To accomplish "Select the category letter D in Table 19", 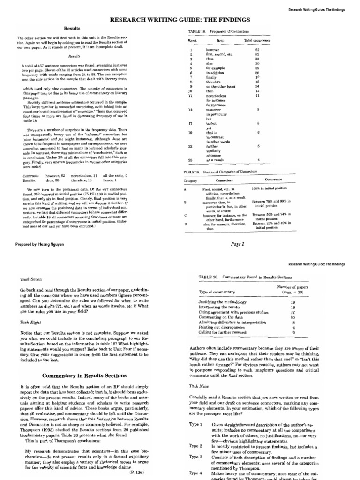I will [x=186, y=224].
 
